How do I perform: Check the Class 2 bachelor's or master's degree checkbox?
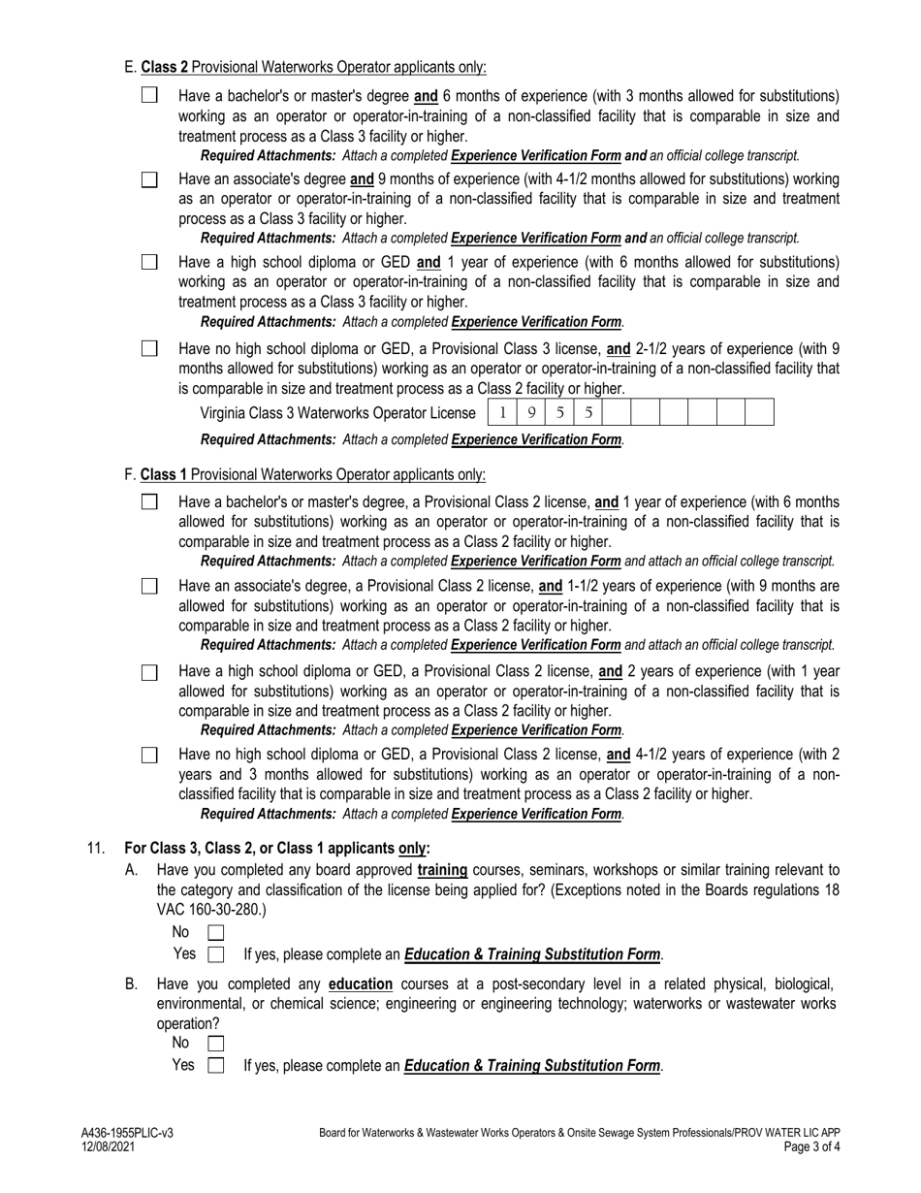(149, 95)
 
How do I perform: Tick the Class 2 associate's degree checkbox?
(149, 179)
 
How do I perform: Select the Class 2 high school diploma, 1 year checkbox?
(149, 263)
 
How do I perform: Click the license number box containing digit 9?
(531, 412)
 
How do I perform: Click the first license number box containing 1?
(502, 412)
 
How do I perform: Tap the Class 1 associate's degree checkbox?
(149, 586)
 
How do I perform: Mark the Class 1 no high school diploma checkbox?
(149, 755)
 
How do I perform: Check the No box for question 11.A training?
(216, 932)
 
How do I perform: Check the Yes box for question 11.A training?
(216, 954)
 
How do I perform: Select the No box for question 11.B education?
(216, 1044)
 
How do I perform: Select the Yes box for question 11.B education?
(216, 1065)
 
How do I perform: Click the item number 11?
(96, 848)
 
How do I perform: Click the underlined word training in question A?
(442, 870)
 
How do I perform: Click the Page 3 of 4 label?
(812, 1146)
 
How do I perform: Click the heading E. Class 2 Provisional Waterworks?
(305, 67)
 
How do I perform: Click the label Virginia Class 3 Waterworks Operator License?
(337, 413)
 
